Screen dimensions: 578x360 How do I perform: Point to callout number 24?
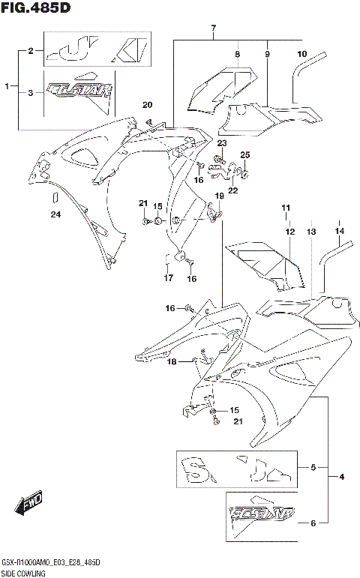tap(54, 215)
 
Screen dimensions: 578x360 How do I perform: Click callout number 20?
tap(147, 104)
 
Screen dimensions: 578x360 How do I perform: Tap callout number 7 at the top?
tap(214, 29)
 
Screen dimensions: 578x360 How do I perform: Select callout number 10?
tap(302, 54)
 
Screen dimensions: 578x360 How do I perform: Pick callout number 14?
tap(339, 231)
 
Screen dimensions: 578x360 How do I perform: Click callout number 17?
tap(166, 278)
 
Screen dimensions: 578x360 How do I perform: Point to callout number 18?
tap(172, 362)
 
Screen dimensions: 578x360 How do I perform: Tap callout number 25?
tap(244, 154)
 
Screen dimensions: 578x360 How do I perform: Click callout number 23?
tap(222, 142)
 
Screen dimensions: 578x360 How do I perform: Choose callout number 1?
tap(7, 87)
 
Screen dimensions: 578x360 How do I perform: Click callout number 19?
tap(220, 196)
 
